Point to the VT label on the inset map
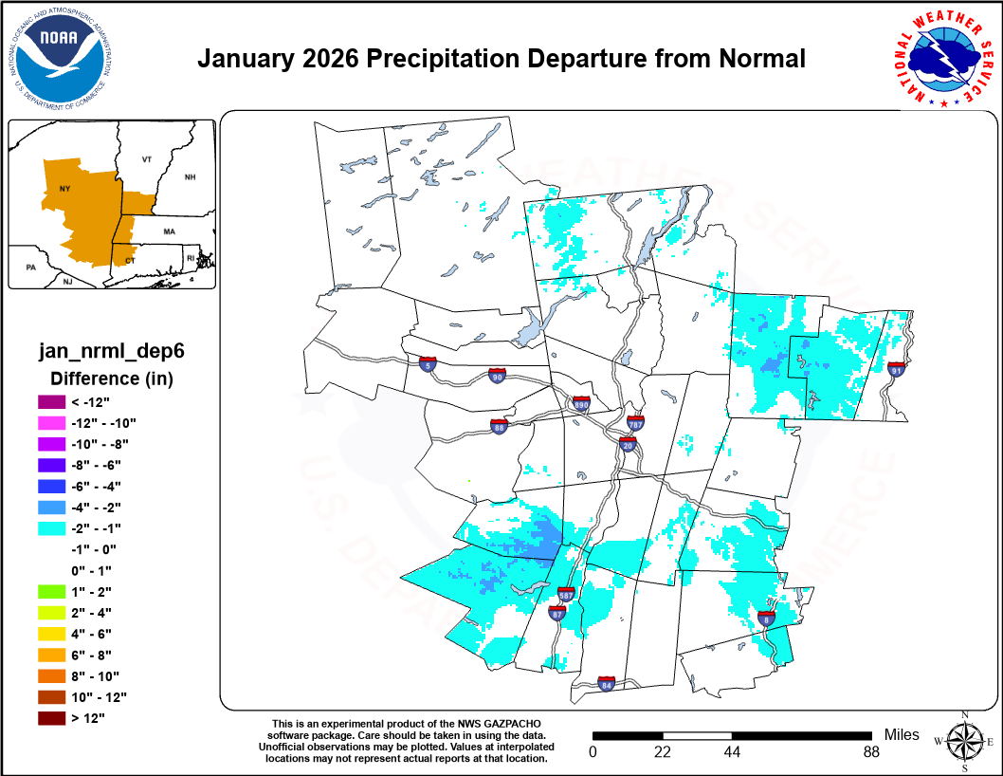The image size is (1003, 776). tap(146, 159)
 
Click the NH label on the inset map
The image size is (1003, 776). tap(190, 177)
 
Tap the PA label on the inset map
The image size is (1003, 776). tap(31, 268)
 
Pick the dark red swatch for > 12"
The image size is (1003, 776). tap(51, 717)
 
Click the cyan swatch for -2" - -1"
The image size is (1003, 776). tap(51, 527)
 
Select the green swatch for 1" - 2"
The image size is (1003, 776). tap(51, 591)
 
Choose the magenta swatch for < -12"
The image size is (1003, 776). tap(51, 401)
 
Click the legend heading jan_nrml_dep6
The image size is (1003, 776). tap(111, 351)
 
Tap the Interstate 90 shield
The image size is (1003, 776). tap(497, 376)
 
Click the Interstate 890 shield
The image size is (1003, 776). tap(582, 403)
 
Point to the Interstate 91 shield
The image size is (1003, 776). tap(896, 368)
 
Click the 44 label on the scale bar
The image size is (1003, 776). tap(732, 752)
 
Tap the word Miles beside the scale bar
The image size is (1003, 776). tap(902, 735)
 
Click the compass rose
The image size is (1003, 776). tap(965, 741)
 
